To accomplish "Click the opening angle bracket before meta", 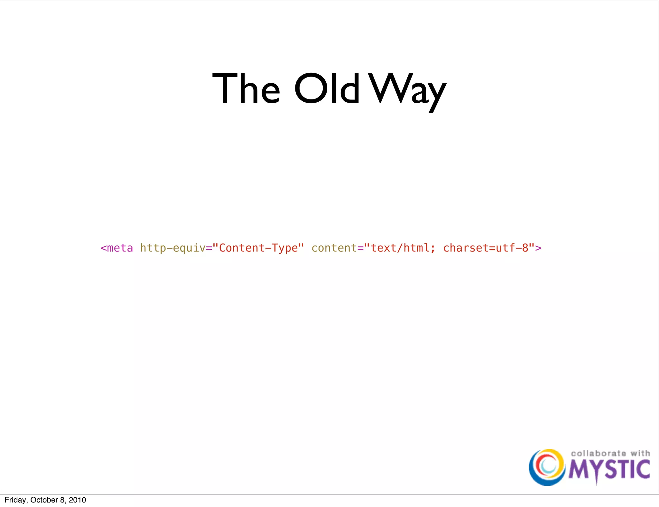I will pyautogui.click(x=103, y=248).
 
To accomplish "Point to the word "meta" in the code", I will pyautogui.click(x=120, y=248).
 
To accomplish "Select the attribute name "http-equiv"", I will pyautogui.click(x=172, y=248).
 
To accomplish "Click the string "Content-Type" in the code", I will pyautogui.click(x=258, y=248).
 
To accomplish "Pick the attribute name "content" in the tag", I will pyautogui.click(x=334, y=248).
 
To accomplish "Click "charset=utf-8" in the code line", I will pyautogui.click(x=486, y=248).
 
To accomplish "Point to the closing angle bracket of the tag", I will pyautogui.click(x=538, y=248).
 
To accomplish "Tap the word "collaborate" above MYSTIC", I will pyautogui.click(x=598, y=453).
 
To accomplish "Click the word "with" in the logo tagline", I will pyautogui.click(x=640, y=453).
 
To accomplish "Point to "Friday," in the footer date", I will pyautogui.click(x=16, y=500).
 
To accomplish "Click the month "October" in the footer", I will pyautogui.click(x=44, y=500).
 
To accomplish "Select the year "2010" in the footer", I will pyautogui.click(x=77, y=500).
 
